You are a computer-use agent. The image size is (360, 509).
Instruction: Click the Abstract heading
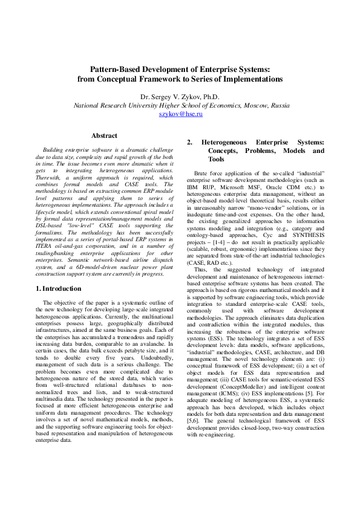point(103,136)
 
